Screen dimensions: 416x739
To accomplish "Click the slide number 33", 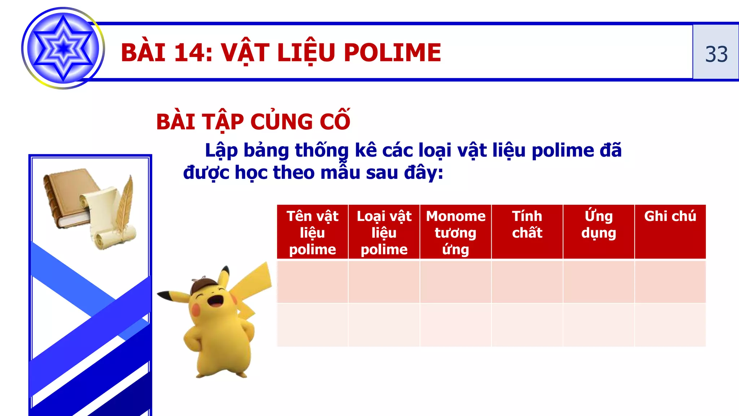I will pyautogui.click(x=716, y=54).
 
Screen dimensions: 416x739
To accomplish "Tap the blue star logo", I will pyautogui.click(x=63, y=48).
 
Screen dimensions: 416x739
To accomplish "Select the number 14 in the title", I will pyautogui.click(x=189, y=53).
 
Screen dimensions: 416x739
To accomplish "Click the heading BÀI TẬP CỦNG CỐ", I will pyautogui.click(x=253, y=121).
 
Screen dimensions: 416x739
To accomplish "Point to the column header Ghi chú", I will pyautogui.click(x=670, y=216).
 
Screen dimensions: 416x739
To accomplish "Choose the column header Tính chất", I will pyautogui.click(x=527, y=225).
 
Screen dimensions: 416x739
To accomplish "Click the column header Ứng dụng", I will pyautogui.click(x=599, y=225).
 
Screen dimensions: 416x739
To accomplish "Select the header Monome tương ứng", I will pyautogui.click(x=455, y=233).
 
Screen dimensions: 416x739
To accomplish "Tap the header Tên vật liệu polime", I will pyautogui.click(x=312, y=233).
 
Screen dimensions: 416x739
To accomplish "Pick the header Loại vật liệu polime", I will pyautogui.click(x=384, y=233).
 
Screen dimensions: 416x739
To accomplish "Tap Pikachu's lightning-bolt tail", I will pyautogui.click(x=253, y=289).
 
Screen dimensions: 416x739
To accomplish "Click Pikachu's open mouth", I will pyautogui.click(x=217, y=300).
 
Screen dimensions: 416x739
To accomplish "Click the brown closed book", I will pyautogui.click(x=67, y=197).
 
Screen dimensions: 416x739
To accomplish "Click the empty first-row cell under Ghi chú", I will pyautogui.click(x=670, y=282).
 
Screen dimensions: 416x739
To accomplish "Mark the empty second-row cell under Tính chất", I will pyautogui.click(x=527, y=325).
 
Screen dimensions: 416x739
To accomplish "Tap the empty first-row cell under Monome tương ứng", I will pyautogui.click(x=455, y=282).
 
